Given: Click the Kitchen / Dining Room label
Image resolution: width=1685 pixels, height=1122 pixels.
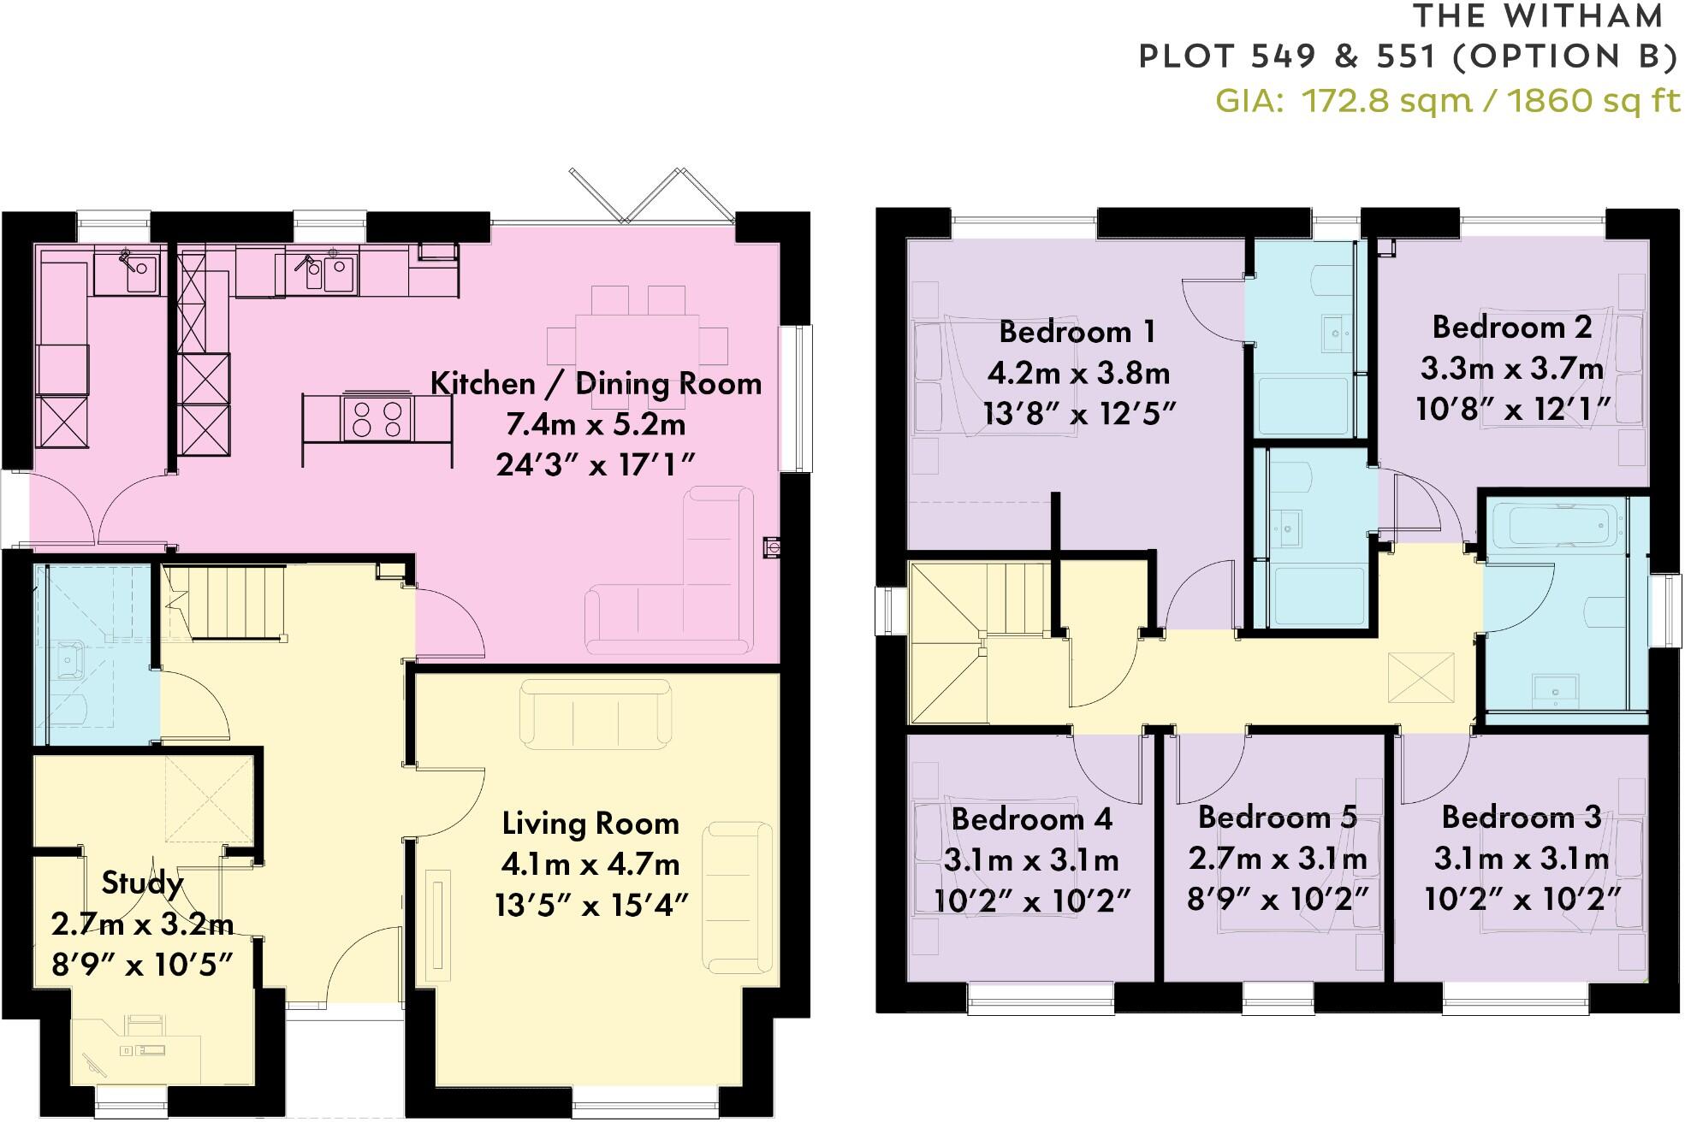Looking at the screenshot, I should pyautogui.click(x=596, y=383).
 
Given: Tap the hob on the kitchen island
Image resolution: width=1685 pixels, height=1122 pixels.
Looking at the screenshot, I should pyautogui.click(x=377, y=419).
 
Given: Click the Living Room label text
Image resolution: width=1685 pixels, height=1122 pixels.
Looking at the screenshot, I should pyautogui.click(x=590, y=824).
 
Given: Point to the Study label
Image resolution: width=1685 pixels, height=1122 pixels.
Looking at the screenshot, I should pyautogui.click(x=142, y=883).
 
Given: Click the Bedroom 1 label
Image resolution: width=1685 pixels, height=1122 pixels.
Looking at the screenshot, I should pyautogui.click(x=1077, y=331).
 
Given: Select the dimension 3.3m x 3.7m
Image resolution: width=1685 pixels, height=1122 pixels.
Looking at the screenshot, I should pyautogui.click(x=1512, y=369).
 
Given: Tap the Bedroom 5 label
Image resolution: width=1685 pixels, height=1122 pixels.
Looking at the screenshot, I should pyautogui.click(x=1277, y=817).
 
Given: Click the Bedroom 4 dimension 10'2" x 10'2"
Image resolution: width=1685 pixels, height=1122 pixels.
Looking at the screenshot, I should pyautogui.click(x=1032, y=900).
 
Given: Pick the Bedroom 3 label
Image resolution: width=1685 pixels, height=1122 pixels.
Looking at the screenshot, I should pyautogui.click(x=1521, y=817).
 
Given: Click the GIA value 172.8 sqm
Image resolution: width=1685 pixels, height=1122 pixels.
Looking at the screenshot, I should pyautogui.click(x=1385, y=101).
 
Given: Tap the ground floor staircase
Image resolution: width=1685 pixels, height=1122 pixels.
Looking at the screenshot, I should pyautogui.click(x=231, y=599).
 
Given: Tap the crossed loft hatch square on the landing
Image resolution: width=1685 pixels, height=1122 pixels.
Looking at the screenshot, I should pyautogui.click(x=1420, y=678).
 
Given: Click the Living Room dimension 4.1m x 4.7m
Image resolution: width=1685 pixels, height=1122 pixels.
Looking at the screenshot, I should pyautogui.click(x=590, y=865).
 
